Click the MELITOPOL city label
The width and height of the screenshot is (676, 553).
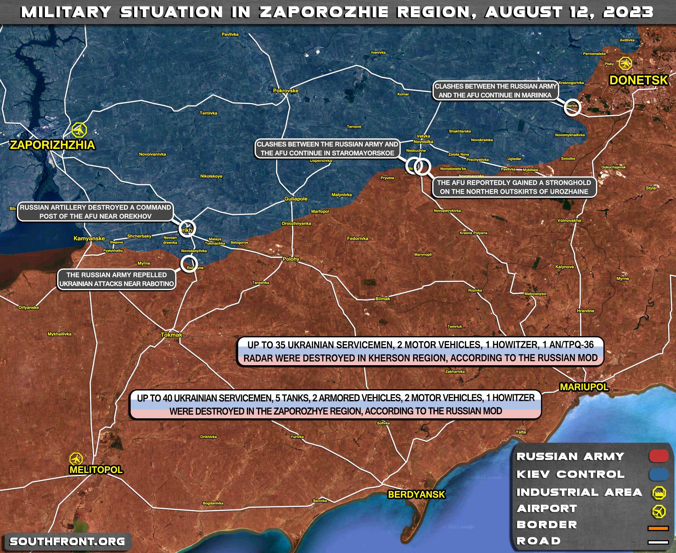(x=96, y=470)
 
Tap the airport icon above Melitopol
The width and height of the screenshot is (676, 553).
(x=76, y=459)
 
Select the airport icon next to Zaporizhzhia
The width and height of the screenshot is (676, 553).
(x=79, y=130)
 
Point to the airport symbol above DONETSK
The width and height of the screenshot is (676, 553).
(x=625, y=63)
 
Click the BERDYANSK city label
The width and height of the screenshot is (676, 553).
(x=416, y=494)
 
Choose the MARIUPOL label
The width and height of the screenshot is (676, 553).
(x=584, y=387)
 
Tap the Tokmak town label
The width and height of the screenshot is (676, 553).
(x=171, y=335)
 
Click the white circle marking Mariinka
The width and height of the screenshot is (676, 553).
(x=572, y=108)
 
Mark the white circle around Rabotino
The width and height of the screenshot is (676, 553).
(x=189, y=264)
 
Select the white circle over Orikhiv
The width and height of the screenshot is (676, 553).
(x=187, y=229)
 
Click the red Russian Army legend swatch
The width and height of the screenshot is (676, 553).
(x=658, y=456)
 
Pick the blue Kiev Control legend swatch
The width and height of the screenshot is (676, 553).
(x=658, y=474)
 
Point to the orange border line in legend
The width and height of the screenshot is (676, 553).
(x=658, y=528)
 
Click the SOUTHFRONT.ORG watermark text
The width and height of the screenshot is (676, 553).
(x=67, y=542)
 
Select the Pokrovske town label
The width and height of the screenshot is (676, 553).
(x=285, y=91)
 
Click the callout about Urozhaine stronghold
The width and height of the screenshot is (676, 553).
(x=514, y=187)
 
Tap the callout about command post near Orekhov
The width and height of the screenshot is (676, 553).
(x=95, y=212)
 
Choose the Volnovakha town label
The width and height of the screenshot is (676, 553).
(x=569, y=221)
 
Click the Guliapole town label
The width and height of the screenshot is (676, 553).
(x=296, y=199)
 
